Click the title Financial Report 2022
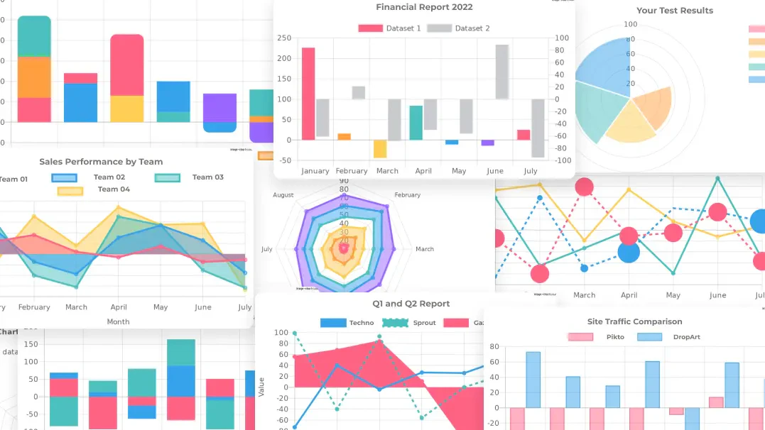coord(424,7)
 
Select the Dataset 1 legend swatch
coord(370,28)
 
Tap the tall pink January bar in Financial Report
coord(308,93)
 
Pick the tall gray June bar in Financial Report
coord(502,72)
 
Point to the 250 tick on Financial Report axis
coord(284,38)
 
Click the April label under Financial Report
coord(423,171)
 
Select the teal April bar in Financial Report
coord(416,122)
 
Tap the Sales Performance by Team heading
coord(101,162)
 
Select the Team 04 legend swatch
coord(70,189)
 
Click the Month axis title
coord(118,321)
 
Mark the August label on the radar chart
coord(283,195)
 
